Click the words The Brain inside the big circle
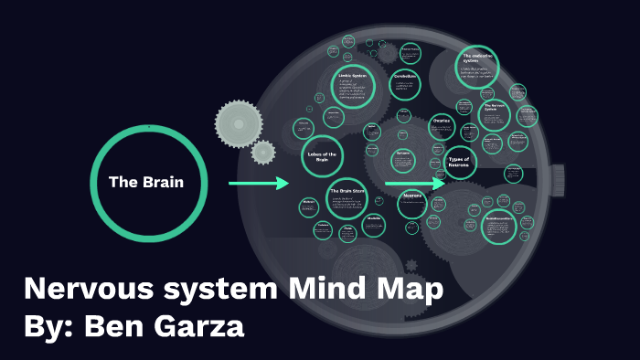click(x=146, y=182)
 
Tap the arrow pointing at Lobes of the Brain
click(x=259, y=184)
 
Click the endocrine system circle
click(x=477, y=66)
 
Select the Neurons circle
click(x=411, y=204)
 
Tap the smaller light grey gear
click(x=263, y=152)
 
